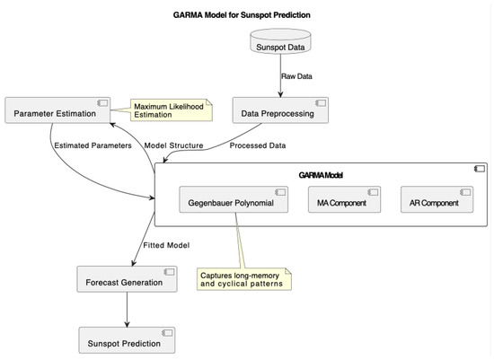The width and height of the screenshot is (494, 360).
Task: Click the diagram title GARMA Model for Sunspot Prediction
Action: pos(246,15)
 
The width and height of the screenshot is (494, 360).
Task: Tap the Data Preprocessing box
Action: pos(280,112)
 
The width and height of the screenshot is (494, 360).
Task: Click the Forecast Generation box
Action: pos(126,282)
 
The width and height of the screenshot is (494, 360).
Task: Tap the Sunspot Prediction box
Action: pos(126,342)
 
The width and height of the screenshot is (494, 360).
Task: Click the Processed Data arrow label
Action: pos(258,145)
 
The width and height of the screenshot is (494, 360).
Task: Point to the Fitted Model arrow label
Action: pos(166,245)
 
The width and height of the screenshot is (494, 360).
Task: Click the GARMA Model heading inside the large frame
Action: pos(320,174)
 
